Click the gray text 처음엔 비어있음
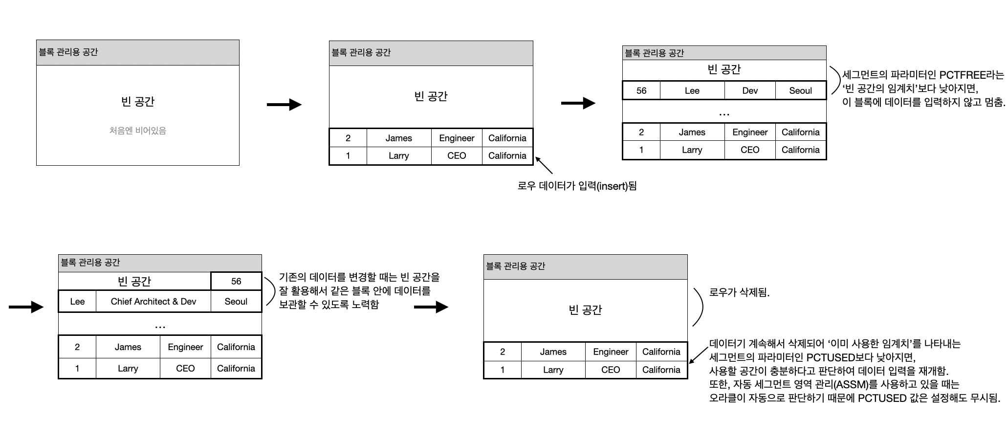click(x=137, y=131)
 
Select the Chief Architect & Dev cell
click(x=153, y=302)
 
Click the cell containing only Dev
click(x=749, y=90)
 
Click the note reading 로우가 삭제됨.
click(x=739, y=293)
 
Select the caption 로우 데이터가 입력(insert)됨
click(x=577, y=186)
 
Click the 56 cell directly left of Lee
click(x=641, y=90)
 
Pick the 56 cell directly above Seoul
click(x=236, y=281)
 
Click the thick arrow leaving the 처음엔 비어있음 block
click(x=284, y=105)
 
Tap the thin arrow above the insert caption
click(x=544, y=165)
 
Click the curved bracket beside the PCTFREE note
click(x=835, y=81)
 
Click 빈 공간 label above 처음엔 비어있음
click(x=137, y=102)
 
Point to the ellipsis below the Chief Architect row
click(x=160, y=326)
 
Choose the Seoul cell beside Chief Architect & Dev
click(x=236, y=302)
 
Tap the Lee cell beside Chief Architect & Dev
click(x=77, y=302)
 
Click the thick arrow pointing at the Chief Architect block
click(x=26, y=307)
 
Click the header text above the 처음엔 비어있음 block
click(x=68, y=52)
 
